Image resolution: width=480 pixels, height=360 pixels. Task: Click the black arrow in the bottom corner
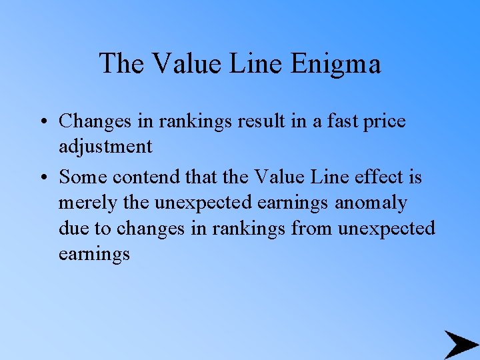(x=459, y=345)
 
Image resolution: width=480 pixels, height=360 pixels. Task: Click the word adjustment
(x=105, y=146)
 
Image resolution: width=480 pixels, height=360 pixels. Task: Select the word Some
(x=83, y=177)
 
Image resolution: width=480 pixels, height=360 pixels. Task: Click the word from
(x=312, y=228)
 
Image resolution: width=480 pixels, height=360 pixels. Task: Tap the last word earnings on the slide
(x=94, y=254)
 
